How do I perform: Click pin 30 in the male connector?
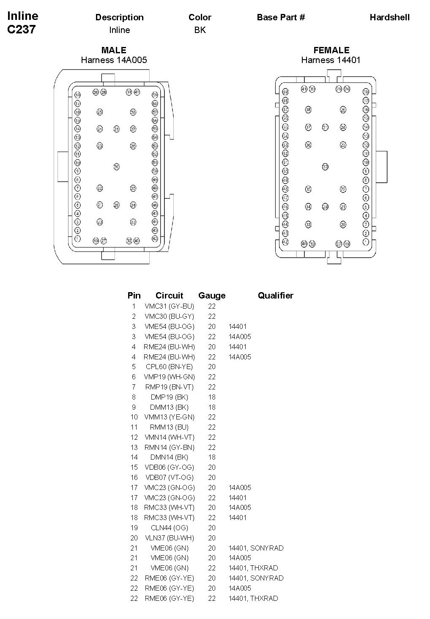pyautogui.click(x=117, y=167)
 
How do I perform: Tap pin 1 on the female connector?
pyautogui.click(x=366, y=242)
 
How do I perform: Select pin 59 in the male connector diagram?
pyautogui.click(x=155, y=95)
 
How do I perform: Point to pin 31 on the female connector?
pyautogui.click(x=325, y=127)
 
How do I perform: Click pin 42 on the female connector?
pyautogui.click(x=285, y=242)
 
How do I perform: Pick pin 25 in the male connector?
pyautogui.click(x=100, y=112)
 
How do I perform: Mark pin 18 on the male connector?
pyautogui.click(x=78, y=95)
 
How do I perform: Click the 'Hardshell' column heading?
pyautogui.click(x=389, y=17)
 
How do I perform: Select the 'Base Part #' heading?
pyautogui.click(x=281, y=17)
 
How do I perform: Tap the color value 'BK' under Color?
pyautogui.click(x=200, y=30)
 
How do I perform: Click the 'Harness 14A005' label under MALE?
pyautogui.click(x=114, y=60)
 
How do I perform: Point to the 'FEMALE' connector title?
pyautogui.click(x=331, y=50)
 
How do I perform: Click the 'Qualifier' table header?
pyautogui.click(x=275, y=296)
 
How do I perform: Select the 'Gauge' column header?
pyautogui.click(x=212, y=296)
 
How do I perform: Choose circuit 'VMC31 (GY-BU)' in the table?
pyautogui.click(x=169, y=306)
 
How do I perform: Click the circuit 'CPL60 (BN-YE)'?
pyautogui.click(x=169, y=367)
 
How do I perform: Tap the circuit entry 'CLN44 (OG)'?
pyautogui.click(x=169, y=528)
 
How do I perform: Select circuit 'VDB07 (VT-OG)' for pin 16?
pyautogui.click(x=169, y=477)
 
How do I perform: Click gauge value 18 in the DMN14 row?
pyautogui.click(x=212, y=457)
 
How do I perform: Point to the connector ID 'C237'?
pyautogui.click(x=22, y=30)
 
